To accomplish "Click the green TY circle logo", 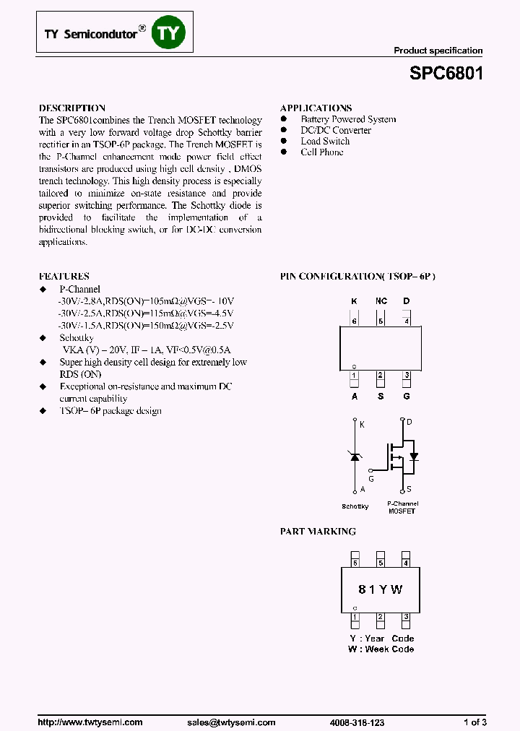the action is (168, 33).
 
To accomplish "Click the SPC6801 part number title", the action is (446, 74).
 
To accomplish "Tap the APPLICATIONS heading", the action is (316, 108).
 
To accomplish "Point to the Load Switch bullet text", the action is (325, 142).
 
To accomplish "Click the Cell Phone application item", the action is (322, 152).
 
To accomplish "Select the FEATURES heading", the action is (64, 277).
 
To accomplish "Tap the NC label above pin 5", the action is (381, 300).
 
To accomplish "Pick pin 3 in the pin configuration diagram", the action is (407, 375).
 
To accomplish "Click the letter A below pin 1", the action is (355, 396).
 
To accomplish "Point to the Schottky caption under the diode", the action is (355, 506).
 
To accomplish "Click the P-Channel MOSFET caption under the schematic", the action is (402, 507).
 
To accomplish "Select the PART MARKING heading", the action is (318, 532).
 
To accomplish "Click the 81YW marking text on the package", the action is (381, 589).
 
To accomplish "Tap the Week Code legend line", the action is (381, 649).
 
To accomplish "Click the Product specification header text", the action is (438, 51).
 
